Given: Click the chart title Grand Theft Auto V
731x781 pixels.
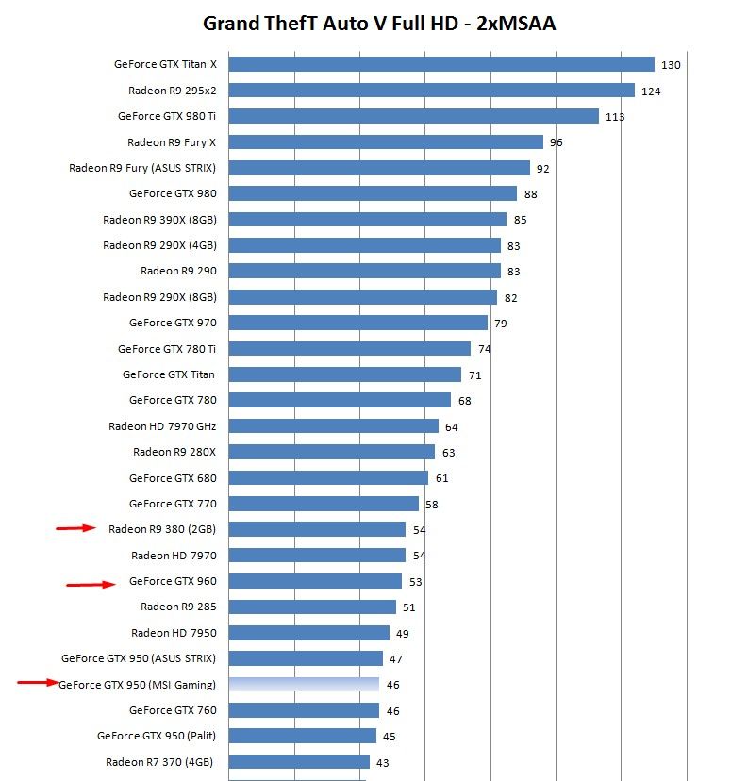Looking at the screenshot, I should (379, 24).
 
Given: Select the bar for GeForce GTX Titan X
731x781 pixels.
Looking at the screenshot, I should (441, 64).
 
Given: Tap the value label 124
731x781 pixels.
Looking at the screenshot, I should (651, 91).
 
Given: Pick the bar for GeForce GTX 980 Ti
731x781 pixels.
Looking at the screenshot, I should (413, 116).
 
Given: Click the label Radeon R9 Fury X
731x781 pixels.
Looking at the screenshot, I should (172, 142).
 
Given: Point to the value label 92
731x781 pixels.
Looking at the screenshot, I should (542, 169).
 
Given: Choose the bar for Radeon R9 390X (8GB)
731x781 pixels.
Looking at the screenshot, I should (367, 219).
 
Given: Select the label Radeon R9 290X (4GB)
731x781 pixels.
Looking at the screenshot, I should (159, 245).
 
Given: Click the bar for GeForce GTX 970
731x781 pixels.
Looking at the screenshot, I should (357, 323).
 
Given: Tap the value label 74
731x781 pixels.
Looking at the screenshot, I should (485, 349).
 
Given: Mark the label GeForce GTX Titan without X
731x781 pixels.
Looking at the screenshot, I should (168, 374).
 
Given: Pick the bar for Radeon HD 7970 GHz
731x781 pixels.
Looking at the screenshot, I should (333, 426).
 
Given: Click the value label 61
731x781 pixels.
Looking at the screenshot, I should (441, 478).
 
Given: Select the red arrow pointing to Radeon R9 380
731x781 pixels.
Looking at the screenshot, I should (76, 528).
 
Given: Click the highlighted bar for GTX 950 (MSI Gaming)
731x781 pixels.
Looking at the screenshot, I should (304, 684).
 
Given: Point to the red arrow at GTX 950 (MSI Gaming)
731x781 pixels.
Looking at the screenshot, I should (38, 683).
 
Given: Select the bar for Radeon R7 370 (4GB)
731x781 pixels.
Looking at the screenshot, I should (299, 762).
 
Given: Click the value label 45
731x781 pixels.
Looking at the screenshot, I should (390, 737).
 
